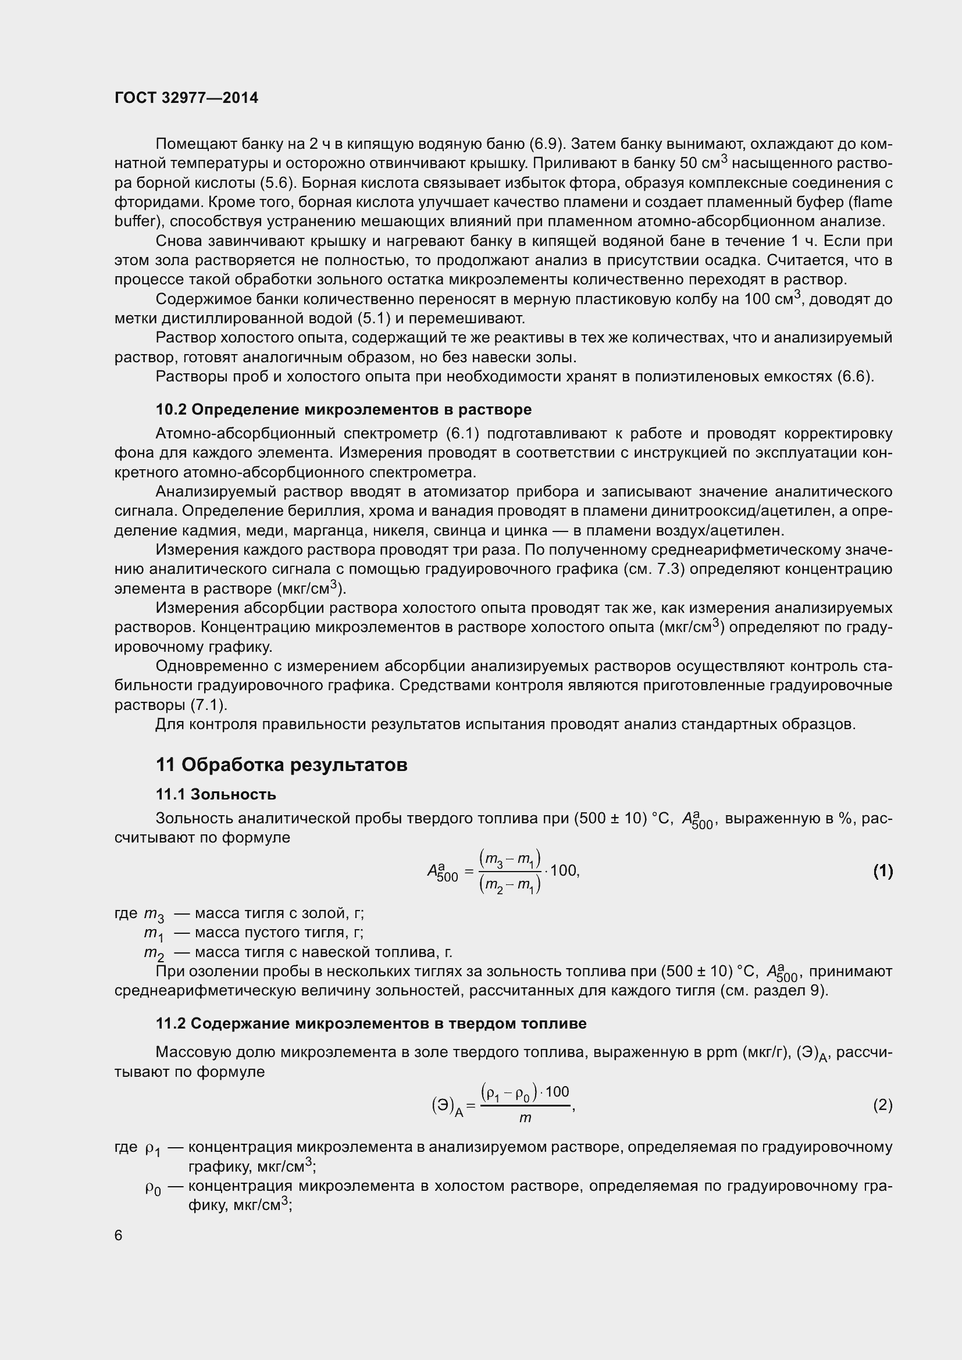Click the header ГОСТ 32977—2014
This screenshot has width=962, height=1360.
[186, 98]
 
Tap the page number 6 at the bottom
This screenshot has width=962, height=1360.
[119, 1235]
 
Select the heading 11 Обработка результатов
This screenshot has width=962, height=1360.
[282, 765]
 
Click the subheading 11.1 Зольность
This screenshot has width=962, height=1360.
[216, 794]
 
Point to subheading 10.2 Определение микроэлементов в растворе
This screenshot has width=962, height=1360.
[344, 409]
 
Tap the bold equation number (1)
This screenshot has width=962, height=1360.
[882, 871]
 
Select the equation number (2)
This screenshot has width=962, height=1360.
[882, 1105]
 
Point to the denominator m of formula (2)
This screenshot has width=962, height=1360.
[525, 1118]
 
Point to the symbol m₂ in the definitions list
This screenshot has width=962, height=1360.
[154, 953]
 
